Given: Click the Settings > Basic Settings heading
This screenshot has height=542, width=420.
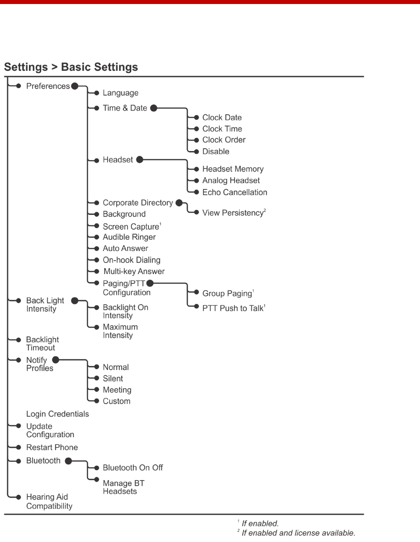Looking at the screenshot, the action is pos(71,67).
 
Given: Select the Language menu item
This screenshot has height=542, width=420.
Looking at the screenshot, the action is pos(120,93).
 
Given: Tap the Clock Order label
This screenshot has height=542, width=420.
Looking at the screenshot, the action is pos(224,140).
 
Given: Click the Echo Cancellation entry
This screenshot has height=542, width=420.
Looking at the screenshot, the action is pos(235,193).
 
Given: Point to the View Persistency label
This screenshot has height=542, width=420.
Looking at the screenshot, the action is pos(233,213).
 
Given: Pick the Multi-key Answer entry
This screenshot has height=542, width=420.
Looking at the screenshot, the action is pos(134,271).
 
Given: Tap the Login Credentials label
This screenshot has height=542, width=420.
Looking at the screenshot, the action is pos(58,414).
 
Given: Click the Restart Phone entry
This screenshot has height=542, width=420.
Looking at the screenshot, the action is pos(52,448).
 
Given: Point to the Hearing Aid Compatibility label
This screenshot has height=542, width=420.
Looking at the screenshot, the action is pos(49,501).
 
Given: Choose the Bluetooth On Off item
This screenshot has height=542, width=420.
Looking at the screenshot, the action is pos(133,468).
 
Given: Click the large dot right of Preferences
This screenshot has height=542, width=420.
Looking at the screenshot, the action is pos(75,86).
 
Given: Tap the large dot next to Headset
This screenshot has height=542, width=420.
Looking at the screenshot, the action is pos(139,160).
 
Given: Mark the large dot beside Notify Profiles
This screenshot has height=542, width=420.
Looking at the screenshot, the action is pos(55,359).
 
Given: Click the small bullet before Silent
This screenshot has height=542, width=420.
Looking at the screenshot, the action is pos(96,379).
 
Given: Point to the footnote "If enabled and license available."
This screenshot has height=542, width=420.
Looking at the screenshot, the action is pos(298,533).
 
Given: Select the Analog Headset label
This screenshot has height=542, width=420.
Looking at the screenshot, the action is pos(231,181).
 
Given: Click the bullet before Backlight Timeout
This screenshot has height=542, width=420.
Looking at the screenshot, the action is pos(19,340).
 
